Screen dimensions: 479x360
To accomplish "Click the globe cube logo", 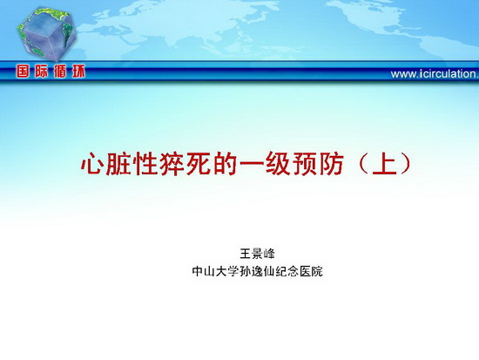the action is click(46, 33).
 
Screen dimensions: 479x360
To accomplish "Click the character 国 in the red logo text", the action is click(23, 71).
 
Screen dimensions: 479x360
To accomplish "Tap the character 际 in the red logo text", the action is click(41, 71).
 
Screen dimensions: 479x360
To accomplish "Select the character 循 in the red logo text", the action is click(60, 71).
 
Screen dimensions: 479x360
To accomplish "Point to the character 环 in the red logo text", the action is click(78, 71).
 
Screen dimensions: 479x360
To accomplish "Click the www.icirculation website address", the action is click(435, 74).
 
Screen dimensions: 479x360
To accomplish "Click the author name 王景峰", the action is click(257, 254).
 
